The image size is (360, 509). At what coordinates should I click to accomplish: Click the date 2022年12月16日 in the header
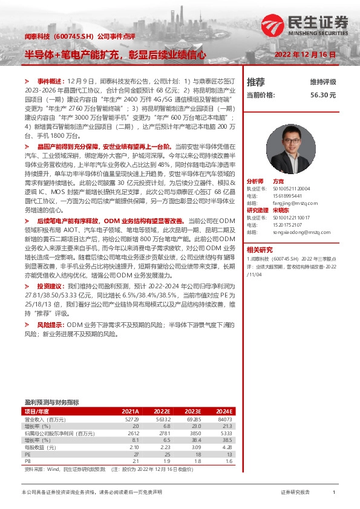click(305, 54)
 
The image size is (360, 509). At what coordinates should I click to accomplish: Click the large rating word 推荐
click(256, 82)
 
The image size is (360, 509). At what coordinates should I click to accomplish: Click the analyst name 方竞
click(278, 181)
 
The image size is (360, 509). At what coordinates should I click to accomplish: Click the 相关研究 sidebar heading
click(260, 249)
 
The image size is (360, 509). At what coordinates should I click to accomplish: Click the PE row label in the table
click(27, 453)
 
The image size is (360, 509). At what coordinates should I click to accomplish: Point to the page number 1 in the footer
click(333, 493)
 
